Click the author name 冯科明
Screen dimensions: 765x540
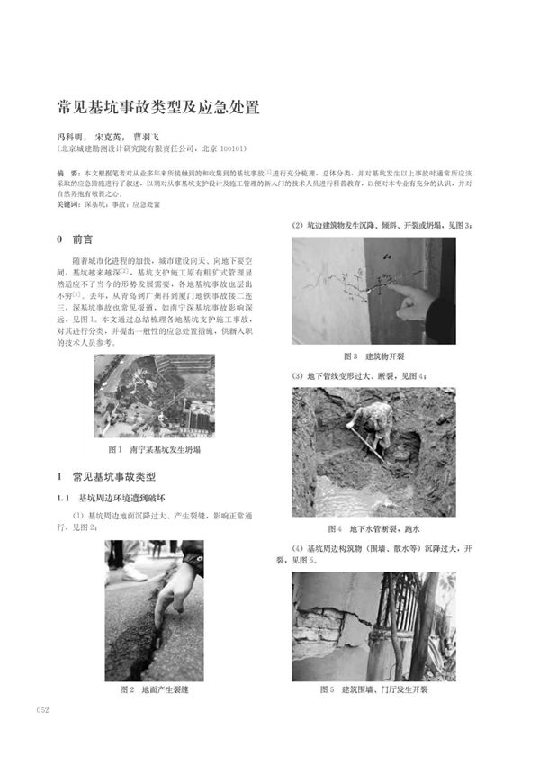pos(74,137)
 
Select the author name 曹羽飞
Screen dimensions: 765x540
pos(160,137)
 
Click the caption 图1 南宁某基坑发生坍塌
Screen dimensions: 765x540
pos(154,448)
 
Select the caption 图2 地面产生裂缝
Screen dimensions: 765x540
pos(154,689)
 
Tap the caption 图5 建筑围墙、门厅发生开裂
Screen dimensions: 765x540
pos(373,689)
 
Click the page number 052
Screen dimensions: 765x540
pos(41,710)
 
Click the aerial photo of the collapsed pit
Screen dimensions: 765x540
pos(154,395)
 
